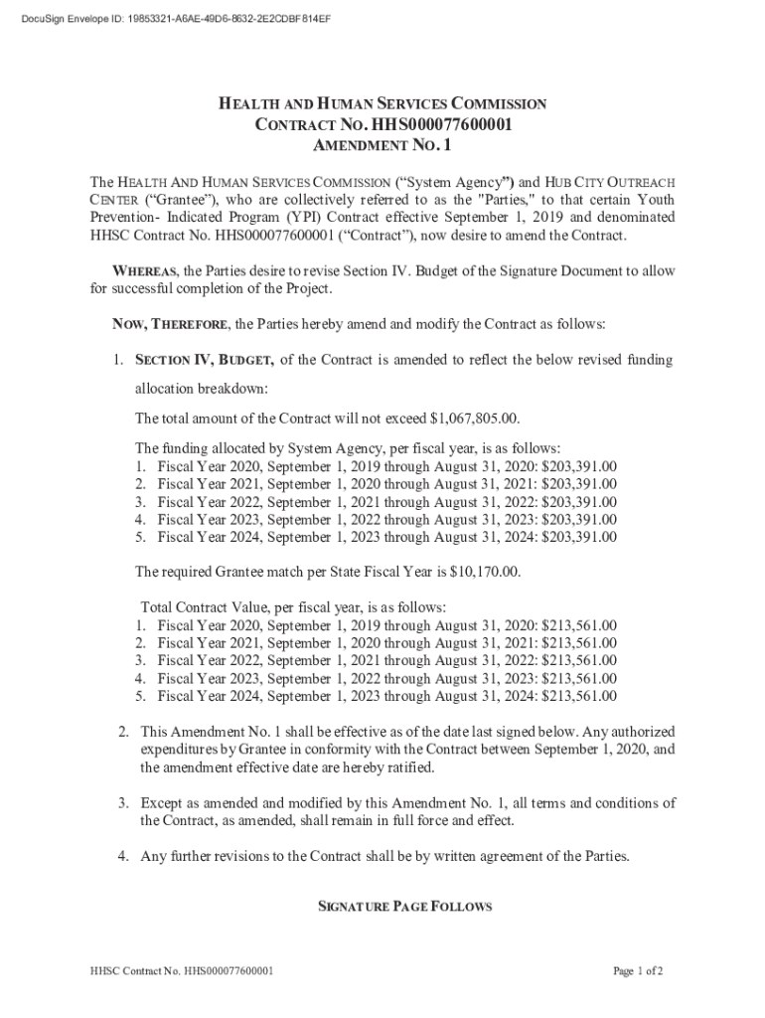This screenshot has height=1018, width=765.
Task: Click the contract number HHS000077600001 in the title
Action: pyautogui.click(x=440, y=125)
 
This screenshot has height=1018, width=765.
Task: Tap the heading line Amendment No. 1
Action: pyautogui.click(x=382, y=146)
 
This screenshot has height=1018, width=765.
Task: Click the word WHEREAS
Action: pyautogui.click(x=145, y=271)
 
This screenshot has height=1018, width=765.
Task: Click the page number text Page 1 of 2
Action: pyautogui.click(x=638, y=971)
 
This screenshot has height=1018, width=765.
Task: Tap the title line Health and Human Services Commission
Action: pyautogui.click(x=382, y=104)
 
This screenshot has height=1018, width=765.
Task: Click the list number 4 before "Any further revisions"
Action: pyautogui.click(x=121, y=857)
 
